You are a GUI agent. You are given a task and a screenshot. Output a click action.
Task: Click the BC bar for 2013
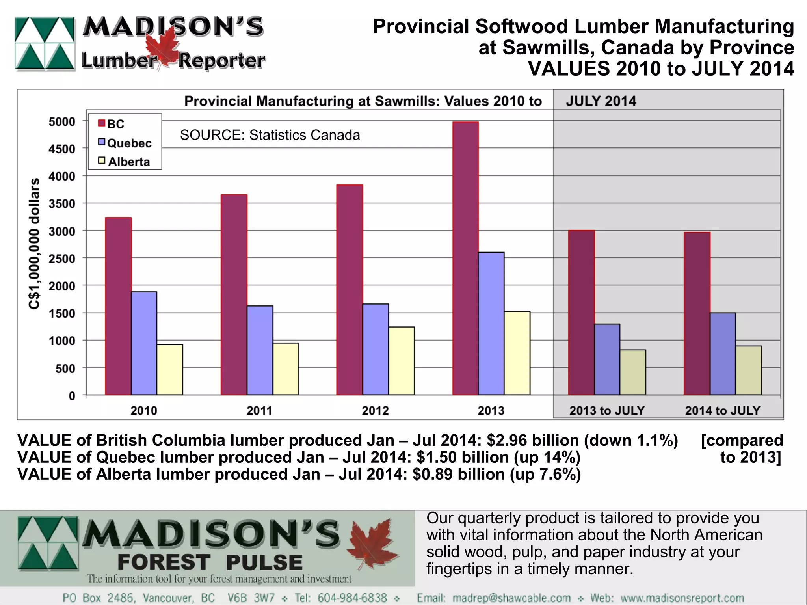tap(465, 258)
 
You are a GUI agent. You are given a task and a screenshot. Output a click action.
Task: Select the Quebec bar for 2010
tap(144, 343)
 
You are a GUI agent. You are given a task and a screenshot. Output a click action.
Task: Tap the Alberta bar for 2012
tap(401, 361)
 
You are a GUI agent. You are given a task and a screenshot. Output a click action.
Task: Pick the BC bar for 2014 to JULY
tap(697, 313)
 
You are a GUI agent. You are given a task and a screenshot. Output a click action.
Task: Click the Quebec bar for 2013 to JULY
tap(607, 359)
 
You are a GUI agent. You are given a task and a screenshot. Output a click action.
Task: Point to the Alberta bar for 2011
tap(285, 369)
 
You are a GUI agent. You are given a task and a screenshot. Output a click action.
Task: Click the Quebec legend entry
tap(125, 143)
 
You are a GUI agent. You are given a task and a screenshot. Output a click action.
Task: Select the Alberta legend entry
tap(125, 162)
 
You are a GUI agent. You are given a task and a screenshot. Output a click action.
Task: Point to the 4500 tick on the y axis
tap(61, 149)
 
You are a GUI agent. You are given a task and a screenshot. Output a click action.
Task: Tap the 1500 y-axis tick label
tap(61, 314)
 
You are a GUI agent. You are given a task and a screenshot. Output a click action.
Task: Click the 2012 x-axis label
tap(375, 411)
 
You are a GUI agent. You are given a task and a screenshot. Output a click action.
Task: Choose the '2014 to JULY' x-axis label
tap(722, 411)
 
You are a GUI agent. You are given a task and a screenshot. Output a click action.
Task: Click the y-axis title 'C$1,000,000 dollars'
tap(35, 244)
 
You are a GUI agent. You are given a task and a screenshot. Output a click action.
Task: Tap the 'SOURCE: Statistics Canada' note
tap(270, 135)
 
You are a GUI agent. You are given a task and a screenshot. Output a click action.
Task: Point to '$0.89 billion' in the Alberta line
tap(458, 474)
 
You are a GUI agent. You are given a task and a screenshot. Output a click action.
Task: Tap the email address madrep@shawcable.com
tap(511, 598)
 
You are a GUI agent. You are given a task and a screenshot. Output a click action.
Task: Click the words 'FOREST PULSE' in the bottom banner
tap(210, 562)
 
